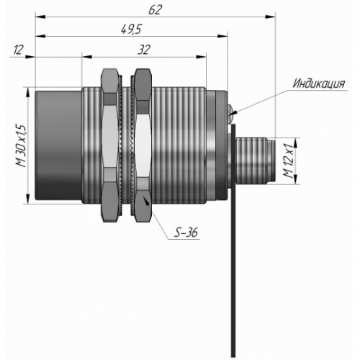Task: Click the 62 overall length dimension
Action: tap(156, 9)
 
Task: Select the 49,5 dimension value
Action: tap(131, 30)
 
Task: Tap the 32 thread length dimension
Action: tap(144, 50)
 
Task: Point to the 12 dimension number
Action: tap(18, 50)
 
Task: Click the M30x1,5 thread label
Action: tap(20, 146)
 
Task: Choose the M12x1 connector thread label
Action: tap(288, 161)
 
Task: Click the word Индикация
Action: tap(319, 84)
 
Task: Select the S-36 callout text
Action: tap(186, 233)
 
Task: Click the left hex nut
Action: tap(110, 145)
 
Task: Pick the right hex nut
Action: tap(143, 145)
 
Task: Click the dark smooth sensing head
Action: tap(58, 145)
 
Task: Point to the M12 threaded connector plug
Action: tap(255, 161)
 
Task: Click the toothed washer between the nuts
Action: tap(125, 145)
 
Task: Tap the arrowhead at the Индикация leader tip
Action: tap(233, 113)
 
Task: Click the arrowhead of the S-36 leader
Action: tap(146, 200)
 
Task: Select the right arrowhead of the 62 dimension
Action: tap(270, 17)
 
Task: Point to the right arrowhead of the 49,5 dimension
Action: tap(222, 36)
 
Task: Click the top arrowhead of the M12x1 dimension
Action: tap(296, 143)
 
